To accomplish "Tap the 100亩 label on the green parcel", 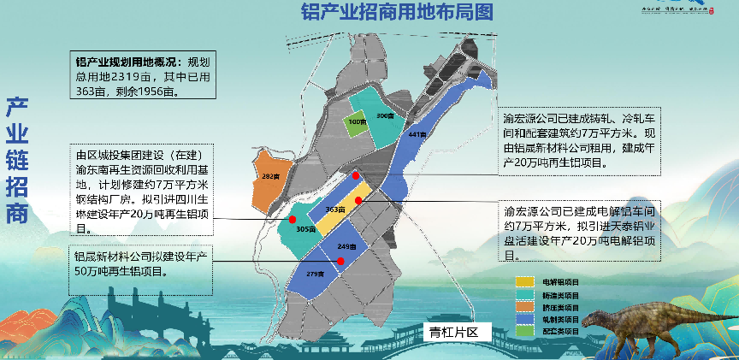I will (x=357, y=122).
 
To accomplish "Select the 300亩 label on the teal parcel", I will (x=384, y=115).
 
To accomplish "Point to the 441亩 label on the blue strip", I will (x=417, y=135).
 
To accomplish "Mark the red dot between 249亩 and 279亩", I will (x=340, y=261).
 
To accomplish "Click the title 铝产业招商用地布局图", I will (x=397, y=12).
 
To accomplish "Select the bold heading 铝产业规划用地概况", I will (x=128, y=62).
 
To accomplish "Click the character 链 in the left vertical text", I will (x=19, y=162).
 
